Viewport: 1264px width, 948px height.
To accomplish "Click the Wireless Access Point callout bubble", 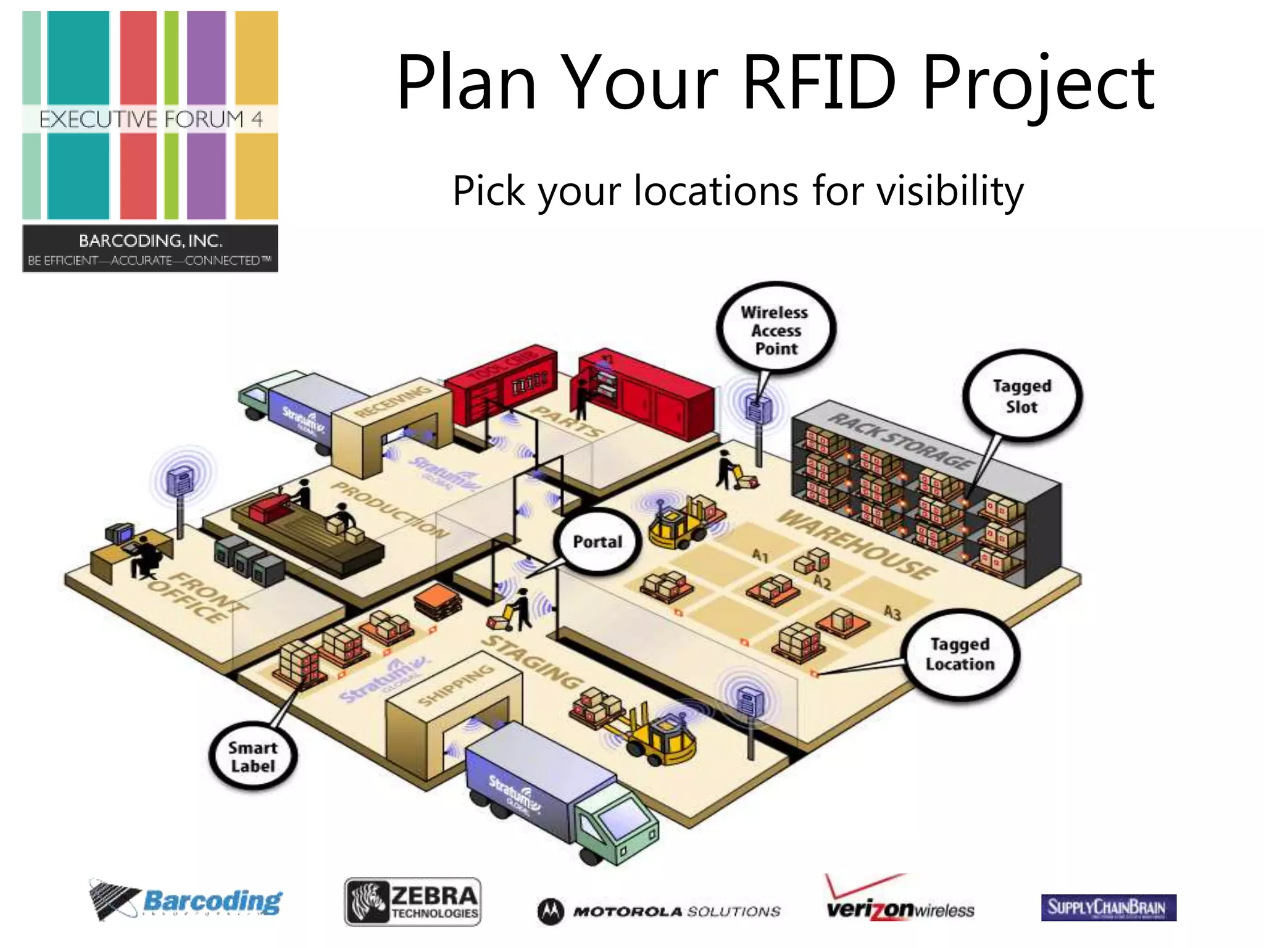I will (x=776, y=330).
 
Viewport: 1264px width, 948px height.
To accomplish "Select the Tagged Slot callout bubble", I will (x=1022, y=396).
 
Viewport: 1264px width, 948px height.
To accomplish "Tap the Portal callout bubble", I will (x=597, y=542).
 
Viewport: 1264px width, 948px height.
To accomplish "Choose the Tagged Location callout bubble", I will (x=960, y=654).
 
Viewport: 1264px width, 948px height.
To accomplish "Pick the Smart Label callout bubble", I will (x=253, y=757).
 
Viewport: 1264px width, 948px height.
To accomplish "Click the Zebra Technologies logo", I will (x=412, y=902).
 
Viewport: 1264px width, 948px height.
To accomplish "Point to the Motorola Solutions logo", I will (x=659, y=911).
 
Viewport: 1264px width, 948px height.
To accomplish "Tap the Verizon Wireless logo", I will (x=900, y=902).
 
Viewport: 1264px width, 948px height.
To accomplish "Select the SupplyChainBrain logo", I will (x=1108, y=907).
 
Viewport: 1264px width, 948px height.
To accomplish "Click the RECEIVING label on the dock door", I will (x=393, y=402).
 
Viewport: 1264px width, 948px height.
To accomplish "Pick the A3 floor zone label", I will (x=892, y=612).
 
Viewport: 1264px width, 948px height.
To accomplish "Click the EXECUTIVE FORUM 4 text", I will (x=151, y=119).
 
